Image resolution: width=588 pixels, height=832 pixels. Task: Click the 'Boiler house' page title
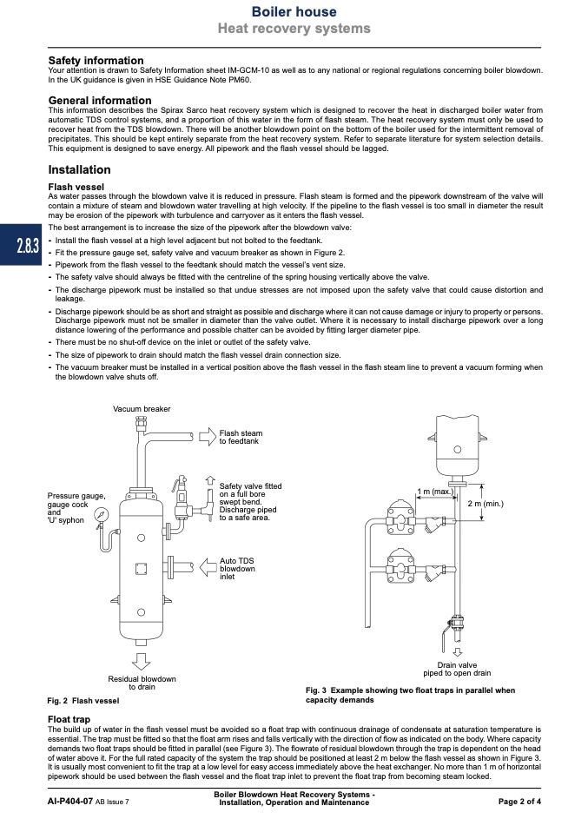pyautogui.click(x=294, y=11)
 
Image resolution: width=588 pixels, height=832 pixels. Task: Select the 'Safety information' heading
pyautogui.click(x=96, y=61)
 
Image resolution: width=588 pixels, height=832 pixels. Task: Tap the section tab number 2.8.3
pyautogui.click(x=28, y=246)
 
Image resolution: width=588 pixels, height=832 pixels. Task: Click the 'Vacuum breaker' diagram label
pyautogui.click(x=142, y=409)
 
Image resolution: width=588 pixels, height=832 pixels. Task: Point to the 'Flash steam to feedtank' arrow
pyautogui.click(x=208, y=437)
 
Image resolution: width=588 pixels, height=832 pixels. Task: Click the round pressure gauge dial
pyautogui.click(x=101, y=514)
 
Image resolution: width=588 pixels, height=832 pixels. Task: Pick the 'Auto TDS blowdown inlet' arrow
pyautogui.click(x=208, y=567)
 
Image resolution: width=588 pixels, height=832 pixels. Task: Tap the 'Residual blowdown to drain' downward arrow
pyautogui.click(x=142, y=661)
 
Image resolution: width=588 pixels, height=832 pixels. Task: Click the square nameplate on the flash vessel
pyautogui.click(x=142, y=569)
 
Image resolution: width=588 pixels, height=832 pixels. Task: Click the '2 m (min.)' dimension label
pyautogui.click(x=486, y=503)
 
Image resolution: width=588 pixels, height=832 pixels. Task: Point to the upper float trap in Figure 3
pyautogui.click(x=401, y=518)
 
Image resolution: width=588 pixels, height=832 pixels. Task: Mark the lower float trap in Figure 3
pyautogui.click(x=401, y=567)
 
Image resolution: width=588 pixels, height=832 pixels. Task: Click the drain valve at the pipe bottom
pyautogui.click(x=455, y=624)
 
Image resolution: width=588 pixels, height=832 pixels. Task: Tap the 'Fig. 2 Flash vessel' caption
pyautogui.click(x=83, y=700)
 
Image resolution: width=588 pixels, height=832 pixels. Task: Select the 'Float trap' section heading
pyautogui.click(x=69, y=719)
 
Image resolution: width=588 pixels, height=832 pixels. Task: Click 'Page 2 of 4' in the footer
pyautogui.click(x=519, y=802)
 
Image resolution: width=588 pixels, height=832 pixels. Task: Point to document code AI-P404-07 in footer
pyautogui.click(x=70, y=802)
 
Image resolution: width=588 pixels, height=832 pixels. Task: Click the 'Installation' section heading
pyautogui.click(x=80, y=170)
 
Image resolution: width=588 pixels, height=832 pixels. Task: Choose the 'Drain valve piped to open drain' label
pyautogui.click(x=457, y=669)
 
